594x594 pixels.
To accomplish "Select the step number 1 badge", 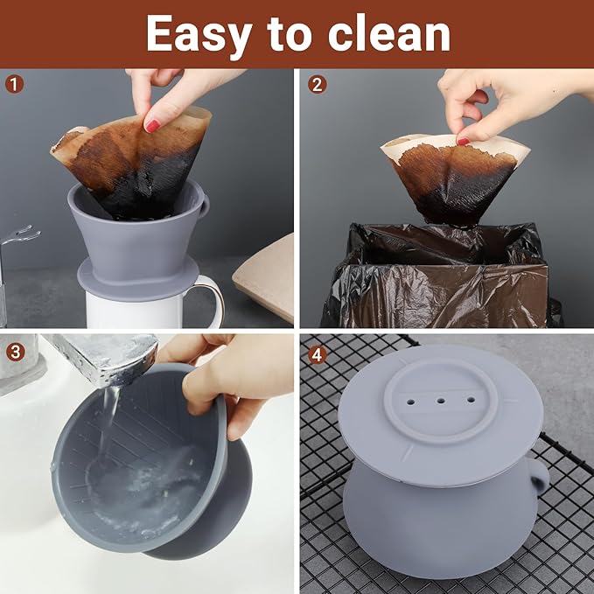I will (13, 85).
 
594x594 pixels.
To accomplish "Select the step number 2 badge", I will (317, 85).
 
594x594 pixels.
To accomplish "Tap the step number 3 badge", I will (13, 352).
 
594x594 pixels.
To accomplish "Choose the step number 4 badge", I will (317, 352).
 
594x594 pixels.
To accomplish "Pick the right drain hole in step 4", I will (471, 402).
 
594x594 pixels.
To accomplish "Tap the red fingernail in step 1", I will (152, 126).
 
